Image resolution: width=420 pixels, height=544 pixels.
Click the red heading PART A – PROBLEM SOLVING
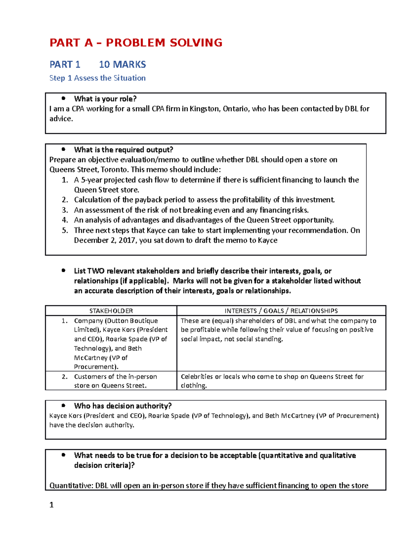136,43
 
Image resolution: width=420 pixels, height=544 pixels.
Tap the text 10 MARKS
122,64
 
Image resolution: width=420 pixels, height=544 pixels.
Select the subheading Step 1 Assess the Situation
97,78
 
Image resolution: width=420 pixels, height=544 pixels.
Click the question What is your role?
105,99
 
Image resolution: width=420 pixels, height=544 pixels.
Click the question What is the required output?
123,150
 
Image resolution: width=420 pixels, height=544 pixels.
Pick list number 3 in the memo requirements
65,210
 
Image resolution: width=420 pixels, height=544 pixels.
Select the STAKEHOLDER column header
111,311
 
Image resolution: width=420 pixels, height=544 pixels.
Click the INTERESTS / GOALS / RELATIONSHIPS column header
281,311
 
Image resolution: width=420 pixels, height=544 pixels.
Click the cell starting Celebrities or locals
272,381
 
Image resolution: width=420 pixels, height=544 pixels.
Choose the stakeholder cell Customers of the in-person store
115,381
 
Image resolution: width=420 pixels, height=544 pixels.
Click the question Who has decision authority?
122,406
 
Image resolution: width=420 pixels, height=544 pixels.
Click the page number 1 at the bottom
51,505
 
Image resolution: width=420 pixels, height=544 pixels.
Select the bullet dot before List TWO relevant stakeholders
63,270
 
